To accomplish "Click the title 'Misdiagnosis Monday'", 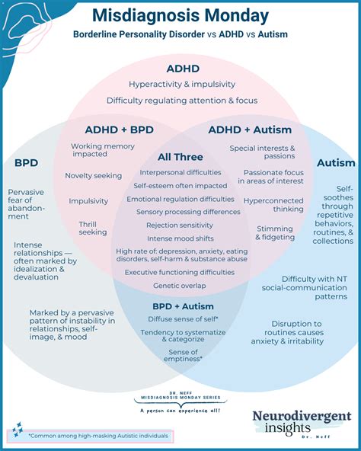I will click(180, 15).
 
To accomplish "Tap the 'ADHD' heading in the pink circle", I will click(181, 67).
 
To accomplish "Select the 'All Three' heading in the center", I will click(180, 157).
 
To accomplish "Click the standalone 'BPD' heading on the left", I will click(27, 162).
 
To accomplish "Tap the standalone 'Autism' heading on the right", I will click(336, 162).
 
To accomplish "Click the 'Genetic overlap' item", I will click(180, 286).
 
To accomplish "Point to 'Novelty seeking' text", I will click(94, 176).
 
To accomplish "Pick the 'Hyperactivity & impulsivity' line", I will click(182, 84).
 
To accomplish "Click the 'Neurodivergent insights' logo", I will click(302, 421).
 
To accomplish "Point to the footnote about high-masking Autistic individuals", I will click(90, 437).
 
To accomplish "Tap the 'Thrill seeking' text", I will click(93, 228).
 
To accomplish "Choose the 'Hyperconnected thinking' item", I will click(274, 205).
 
